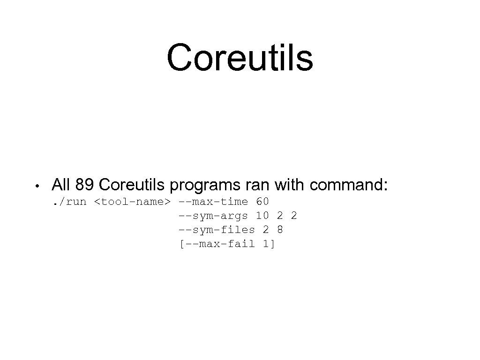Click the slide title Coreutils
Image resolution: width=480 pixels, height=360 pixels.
click(240, 58)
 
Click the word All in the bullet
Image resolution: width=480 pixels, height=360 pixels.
click(61, 185)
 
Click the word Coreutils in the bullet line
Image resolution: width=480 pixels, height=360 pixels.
click(133, 185)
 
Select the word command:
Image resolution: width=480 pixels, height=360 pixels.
click(349, 185)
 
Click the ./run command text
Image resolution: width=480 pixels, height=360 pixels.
click(69, 202)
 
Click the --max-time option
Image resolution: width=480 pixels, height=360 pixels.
click(213, 202)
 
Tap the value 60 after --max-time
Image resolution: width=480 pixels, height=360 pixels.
click(262, 202)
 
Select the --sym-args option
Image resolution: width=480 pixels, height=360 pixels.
click(213, 216)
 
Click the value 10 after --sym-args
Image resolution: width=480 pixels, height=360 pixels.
click(262, 216)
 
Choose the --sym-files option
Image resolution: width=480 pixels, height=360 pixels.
click(217, 230)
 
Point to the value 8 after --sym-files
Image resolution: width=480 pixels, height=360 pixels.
click(280, 230)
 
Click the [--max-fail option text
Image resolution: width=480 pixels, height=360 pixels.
click(217, 244)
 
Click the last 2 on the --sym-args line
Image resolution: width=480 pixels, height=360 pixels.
click(294, 216)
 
